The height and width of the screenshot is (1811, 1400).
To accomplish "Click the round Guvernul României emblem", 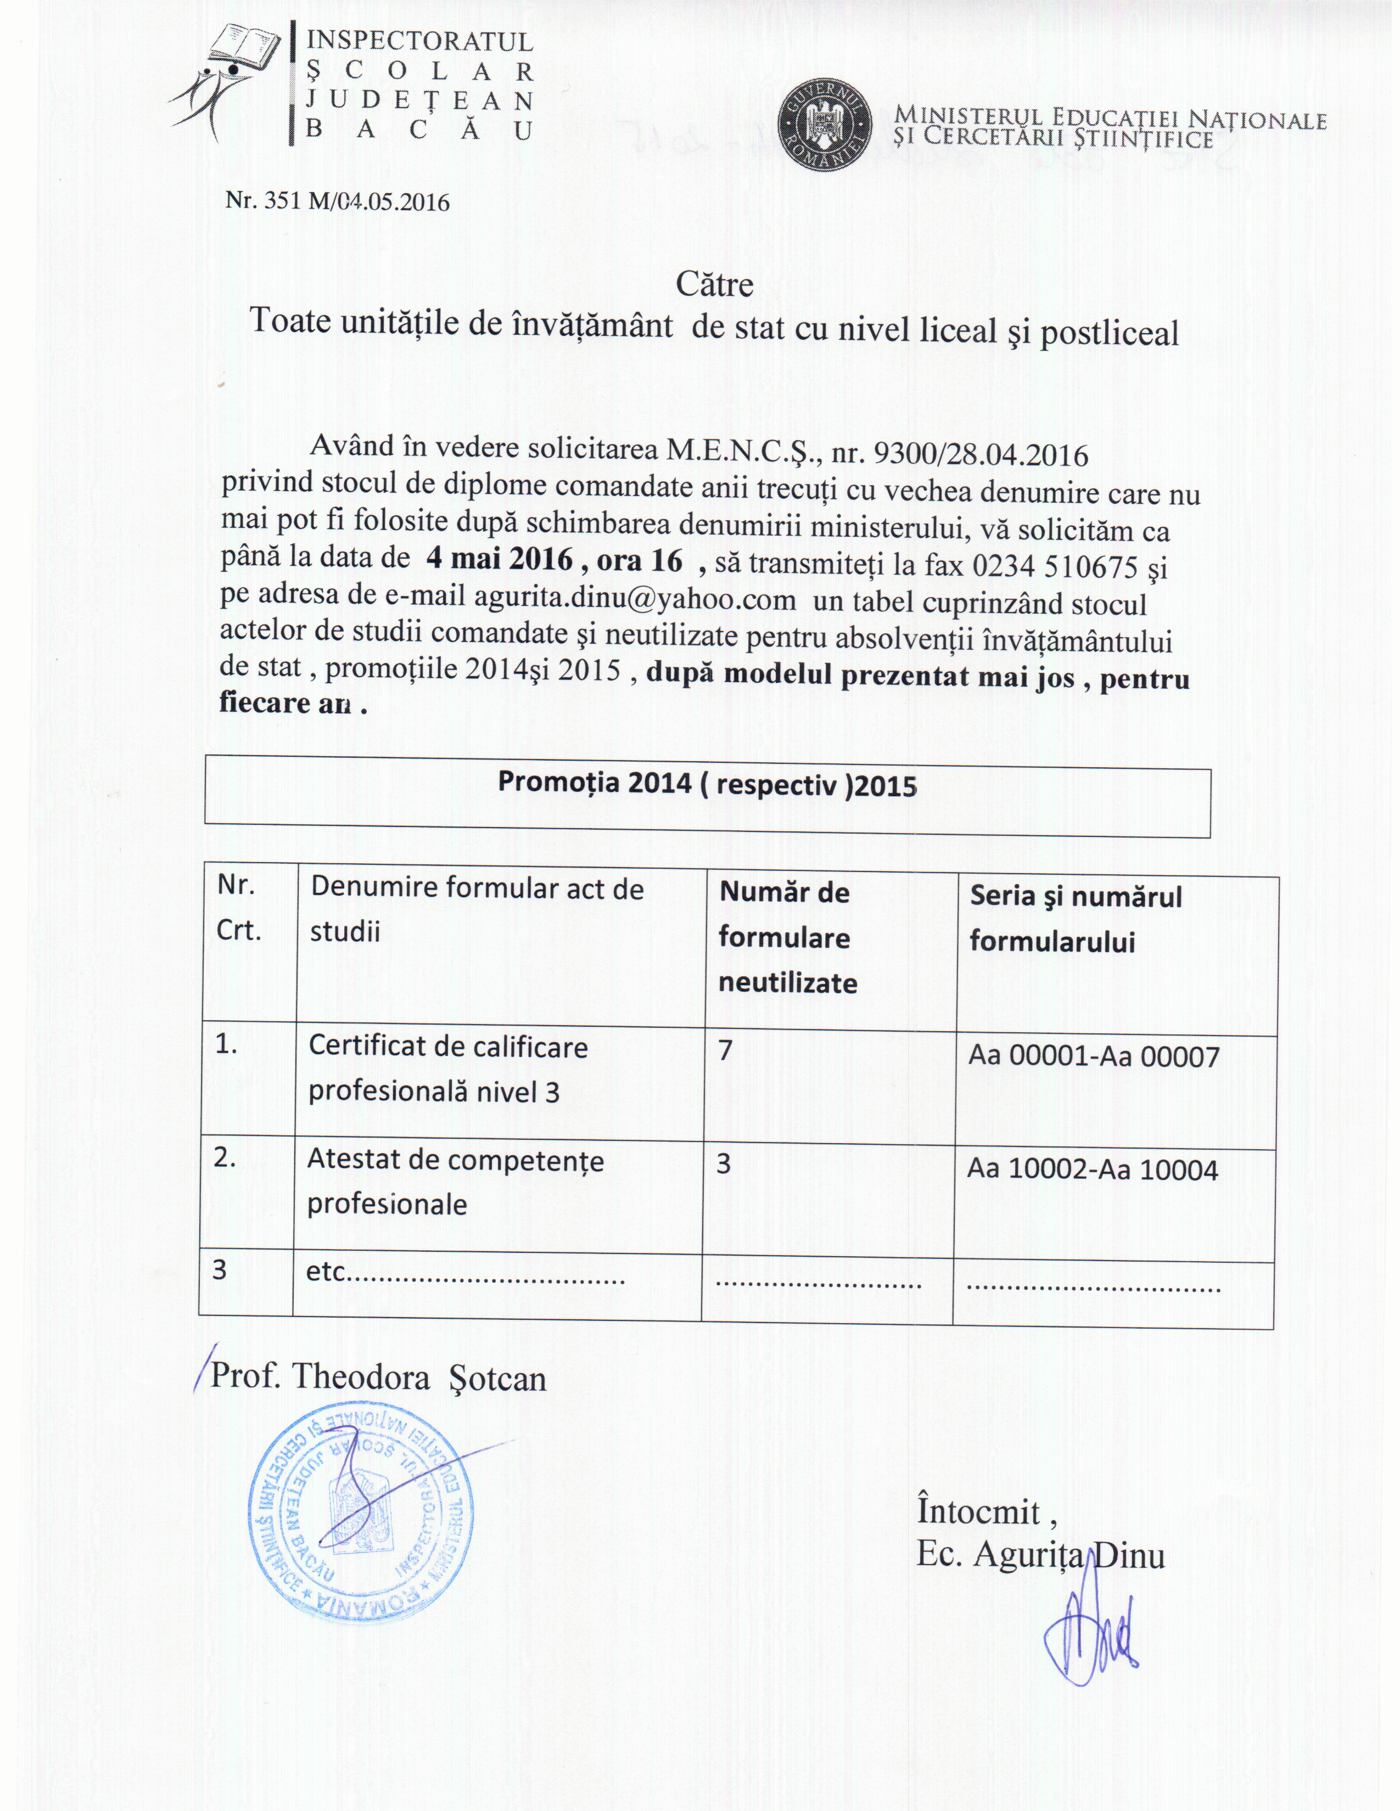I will click(826, 125).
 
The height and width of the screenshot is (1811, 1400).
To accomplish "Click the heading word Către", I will click(714, 284).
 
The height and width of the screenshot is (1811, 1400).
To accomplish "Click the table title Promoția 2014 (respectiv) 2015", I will click(707, 784).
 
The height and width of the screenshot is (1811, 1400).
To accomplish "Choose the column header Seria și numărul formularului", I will click(1076, 919).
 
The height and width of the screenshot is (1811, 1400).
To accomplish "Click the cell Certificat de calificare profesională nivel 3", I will click(448, 1069).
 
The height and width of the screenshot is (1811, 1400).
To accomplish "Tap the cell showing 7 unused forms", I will click(726, 1050).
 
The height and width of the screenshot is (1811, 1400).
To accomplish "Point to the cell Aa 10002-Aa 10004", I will click(1093, 1170).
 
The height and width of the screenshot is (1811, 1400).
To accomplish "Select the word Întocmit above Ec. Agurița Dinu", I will click(979, 1511).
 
